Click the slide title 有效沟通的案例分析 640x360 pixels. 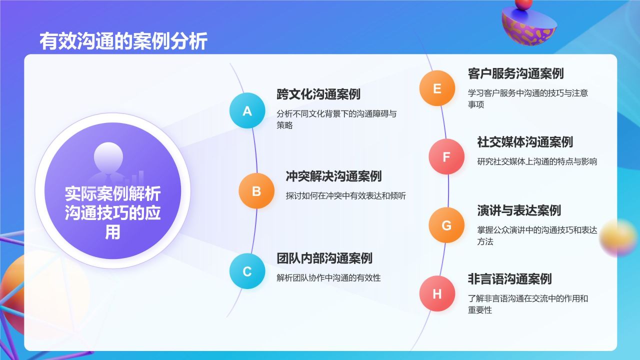(123, 41)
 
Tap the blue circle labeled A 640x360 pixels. (247, 110)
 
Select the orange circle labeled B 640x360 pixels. (256, 191)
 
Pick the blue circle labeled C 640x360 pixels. (247, 271)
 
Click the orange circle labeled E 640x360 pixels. (437, 88)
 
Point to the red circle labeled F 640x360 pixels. (446, 156)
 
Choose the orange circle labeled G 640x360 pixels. (446, 225)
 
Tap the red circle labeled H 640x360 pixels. (437, 293)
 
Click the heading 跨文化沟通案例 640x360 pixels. (318, 94)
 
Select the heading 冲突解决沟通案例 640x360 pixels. (333, 176)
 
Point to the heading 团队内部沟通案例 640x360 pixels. (324, 258)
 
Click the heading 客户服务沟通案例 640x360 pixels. (515, 73)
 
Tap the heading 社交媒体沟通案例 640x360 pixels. (525, 142)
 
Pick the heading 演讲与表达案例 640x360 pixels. (519, 210)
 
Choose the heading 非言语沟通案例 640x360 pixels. (509, 279)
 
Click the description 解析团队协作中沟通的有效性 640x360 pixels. (328, 277)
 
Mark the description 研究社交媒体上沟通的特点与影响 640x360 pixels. (537, 161)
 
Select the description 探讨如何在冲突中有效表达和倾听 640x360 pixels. (345, 195)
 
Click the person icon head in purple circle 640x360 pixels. (108, 157)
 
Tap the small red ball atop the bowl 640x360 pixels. (523, 3)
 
